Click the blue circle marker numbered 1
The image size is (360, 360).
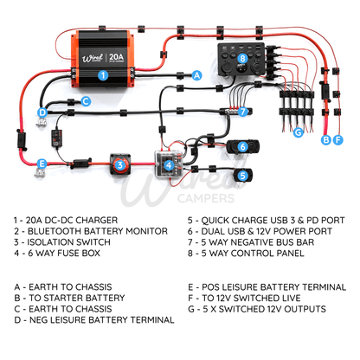(103, 75)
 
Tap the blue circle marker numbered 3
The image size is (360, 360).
(119, 163)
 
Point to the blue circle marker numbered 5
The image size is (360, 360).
(243, 175)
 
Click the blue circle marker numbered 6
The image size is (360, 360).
(243, 145)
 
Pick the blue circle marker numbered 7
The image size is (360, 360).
(243, 112)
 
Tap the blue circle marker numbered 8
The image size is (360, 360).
(242, 59)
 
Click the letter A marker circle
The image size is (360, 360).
(197, 75)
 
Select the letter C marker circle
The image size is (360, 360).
(86, 100)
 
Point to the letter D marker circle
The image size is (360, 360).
(42, 112)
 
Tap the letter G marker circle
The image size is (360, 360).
(298, 132)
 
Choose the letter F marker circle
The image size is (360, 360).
(338, 138)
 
